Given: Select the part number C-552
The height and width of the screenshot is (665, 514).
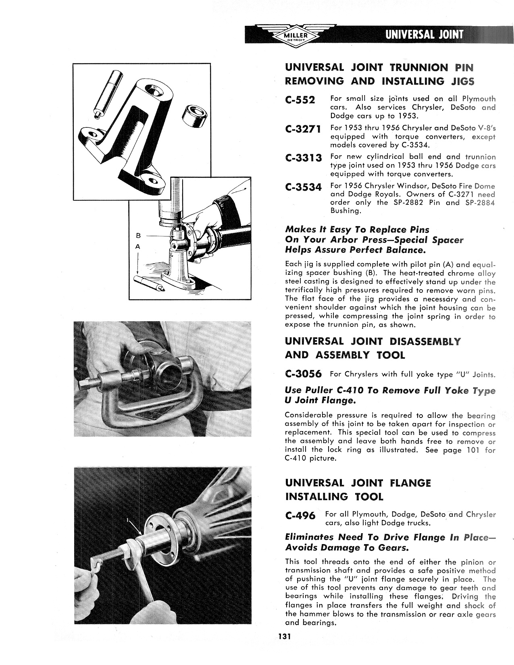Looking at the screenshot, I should [300, 100].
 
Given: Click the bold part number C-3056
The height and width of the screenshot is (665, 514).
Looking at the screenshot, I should [303, 374].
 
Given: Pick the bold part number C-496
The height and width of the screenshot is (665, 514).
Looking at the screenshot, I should [300, 515].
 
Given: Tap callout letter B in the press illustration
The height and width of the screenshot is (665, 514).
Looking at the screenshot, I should [137, 235].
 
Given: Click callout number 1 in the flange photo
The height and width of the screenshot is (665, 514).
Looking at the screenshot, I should [128, 521].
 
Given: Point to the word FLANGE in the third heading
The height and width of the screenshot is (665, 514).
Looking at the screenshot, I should [410, 483].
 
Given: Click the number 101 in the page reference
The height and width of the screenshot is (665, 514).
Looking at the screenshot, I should [473, 450].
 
